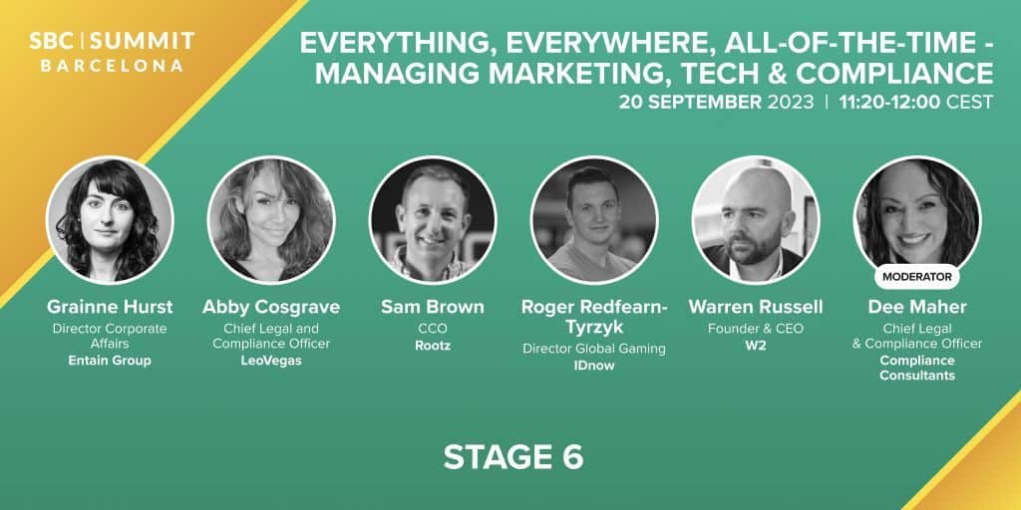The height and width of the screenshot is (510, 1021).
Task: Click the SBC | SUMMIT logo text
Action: (x=112, y=42)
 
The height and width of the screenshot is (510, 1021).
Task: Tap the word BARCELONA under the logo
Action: (x=112, y=67)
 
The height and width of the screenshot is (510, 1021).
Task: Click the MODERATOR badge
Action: (x=917, y=277)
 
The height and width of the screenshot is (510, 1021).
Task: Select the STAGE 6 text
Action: (x=513, y=457)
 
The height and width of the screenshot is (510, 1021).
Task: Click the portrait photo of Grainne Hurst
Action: (x=110, y=220)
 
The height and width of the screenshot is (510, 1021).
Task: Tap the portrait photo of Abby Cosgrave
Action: (x=271, y=220)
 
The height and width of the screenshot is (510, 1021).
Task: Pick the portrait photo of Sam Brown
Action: (x=433, y=220)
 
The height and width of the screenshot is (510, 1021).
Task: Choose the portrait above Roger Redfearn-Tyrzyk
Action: (x=594, y=220)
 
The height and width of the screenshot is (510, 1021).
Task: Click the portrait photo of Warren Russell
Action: (x=756, y=220)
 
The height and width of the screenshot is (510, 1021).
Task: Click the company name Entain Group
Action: (x=110, y=361)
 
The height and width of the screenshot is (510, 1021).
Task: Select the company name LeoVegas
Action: (x=271, y=361)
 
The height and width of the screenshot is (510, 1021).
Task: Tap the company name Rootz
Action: (x=433, y=346)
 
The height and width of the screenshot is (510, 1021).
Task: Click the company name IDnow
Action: (x=594, y=366)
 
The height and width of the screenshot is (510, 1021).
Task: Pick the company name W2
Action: (x=756, y=346)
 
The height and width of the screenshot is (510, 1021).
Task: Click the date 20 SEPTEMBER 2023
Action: (x=716, y=103)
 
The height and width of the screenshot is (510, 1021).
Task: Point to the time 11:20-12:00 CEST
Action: (x=916, y=103)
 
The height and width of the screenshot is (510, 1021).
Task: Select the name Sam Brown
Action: (x=433, y=307)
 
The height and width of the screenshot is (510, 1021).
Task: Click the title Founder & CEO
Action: (x=756, y=329)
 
